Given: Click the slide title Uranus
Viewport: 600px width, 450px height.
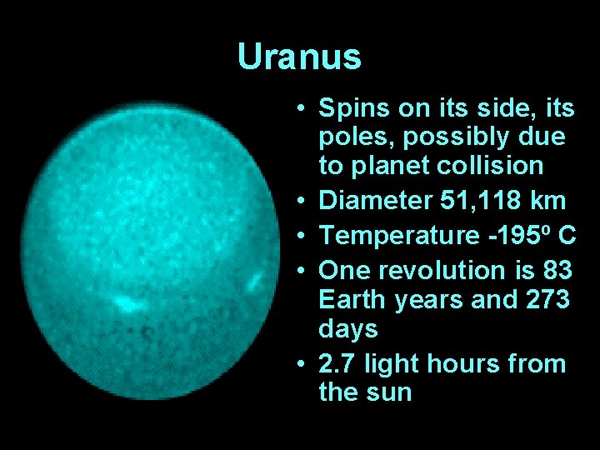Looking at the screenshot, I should tap(299, 57).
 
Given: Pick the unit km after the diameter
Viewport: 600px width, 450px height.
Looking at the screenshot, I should tap(551, 201).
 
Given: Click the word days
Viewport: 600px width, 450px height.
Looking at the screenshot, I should tap(347, 328).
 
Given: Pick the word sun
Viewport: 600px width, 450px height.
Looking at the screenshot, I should tap(390, 392).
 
